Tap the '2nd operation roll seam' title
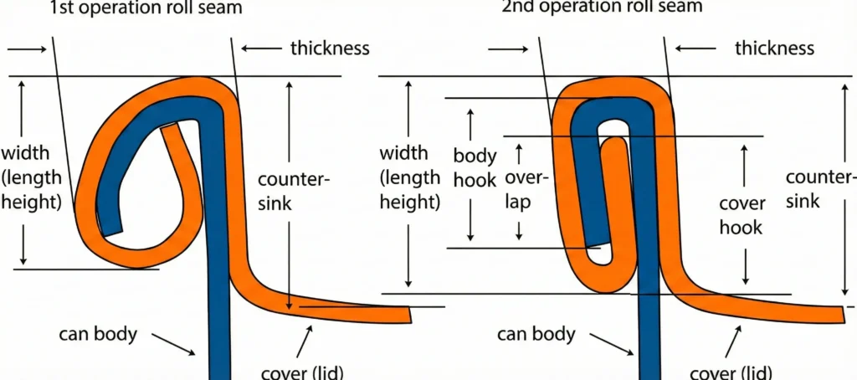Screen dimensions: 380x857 pos(602,7)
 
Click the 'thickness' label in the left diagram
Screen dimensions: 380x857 pos(330,48)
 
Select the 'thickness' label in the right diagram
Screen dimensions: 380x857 pos(774,48)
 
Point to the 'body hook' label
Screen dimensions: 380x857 pos(475,167)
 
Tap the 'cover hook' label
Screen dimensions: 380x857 pos(742,215)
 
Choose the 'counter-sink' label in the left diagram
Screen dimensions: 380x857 pos(294,191)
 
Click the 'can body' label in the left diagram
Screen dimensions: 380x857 pos(97,334)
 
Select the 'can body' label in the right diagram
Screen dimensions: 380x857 pos(536,335)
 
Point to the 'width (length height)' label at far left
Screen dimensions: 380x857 pos(31,177)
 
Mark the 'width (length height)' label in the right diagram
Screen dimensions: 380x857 pos(410,177)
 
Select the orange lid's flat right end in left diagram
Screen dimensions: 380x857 pos(405,314)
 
